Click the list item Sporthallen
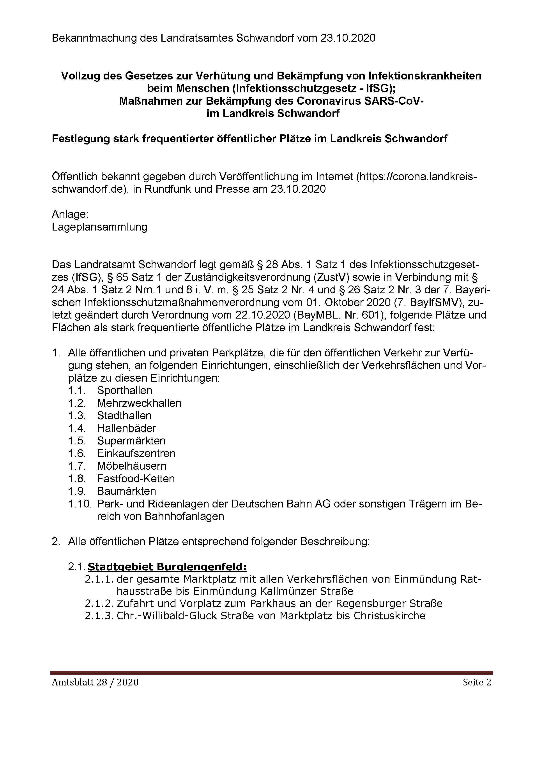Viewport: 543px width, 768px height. pos(124,390)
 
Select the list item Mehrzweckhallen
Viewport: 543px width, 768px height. pos(139,403)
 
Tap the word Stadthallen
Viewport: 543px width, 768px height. pos(124,416)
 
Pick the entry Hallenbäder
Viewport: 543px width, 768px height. pos(126,428)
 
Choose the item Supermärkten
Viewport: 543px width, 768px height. pos(131,441)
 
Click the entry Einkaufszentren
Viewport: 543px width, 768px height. pos(136,454)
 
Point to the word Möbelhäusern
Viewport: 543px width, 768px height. pos(131,466)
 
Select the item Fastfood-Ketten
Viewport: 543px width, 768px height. pos(136,479)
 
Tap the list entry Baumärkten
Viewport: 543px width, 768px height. pos(126,491)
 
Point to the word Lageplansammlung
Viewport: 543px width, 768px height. pos(99,227)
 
